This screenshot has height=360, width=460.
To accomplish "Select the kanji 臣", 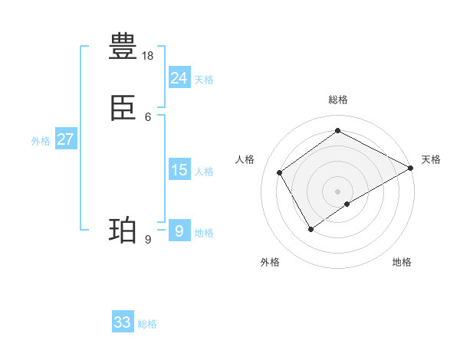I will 123,110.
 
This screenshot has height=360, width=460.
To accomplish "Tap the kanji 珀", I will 123,230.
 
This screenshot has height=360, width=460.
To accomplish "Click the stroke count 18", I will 148,56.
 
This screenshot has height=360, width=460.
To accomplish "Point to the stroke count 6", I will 148,116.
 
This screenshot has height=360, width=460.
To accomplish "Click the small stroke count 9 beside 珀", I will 148,240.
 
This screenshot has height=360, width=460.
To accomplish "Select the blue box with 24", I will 179,78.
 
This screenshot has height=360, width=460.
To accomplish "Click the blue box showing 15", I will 179,170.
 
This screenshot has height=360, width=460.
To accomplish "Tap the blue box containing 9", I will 179,231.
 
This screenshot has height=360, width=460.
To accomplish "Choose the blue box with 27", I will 66,139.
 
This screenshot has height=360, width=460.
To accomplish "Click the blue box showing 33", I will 123,322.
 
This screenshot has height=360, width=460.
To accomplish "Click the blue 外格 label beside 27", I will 41,141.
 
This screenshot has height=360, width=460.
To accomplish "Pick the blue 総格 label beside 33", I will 147,324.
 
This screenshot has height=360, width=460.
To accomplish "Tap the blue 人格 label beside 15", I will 205,172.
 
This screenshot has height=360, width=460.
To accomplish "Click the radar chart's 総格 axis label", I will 338,100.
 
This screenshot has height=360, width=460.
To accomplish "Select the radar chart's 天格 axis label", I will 431,159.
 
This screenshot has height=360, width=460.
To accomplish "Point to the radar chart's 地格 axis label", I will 402,262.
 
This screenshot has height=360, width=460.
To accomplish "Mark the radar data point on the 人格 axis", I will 280,172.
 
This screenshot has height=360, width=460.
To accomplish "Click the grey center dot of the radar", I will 338,191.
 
